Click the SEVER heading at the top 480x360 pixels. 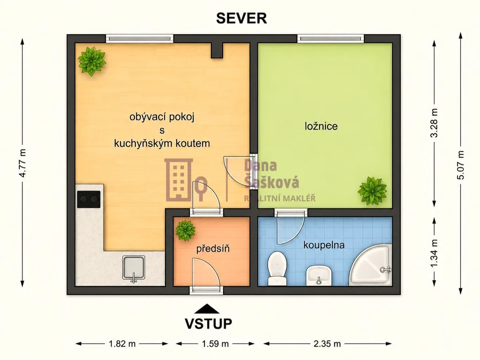[x=241, y=18]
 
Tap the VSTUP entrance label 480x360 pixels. [x=208, y=323]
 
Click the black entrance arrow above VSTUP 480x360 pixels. [x=207, y=308]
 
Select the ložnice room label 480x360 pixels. [x=321, y=126]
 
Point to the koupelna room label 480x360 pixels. [x=324, y=245]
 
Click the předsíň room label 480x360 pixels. [x=213, y=248]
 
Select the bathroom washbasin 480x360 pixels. [x=319, y=275]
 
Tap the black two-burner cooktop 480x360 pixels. [x=89, y=199]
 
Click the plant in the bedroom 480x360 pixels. [x=372, y=191]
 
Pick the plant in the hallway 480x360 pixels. [x=185, y=230]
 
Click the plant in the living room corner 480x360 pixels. [x=91, y=61]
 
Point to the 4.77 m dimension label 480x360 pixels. [x=22, y=163]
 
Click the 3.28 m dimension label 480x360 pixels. [x=435, y=123]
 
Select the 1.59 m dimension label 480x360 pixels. [x=215, y=344]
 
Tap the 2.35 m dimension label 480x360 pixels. [x=327, y=344]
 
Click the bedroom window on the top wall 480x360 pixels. [x=330, y=38]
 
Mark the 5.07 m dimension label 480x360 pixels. [x=461, y=165]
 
